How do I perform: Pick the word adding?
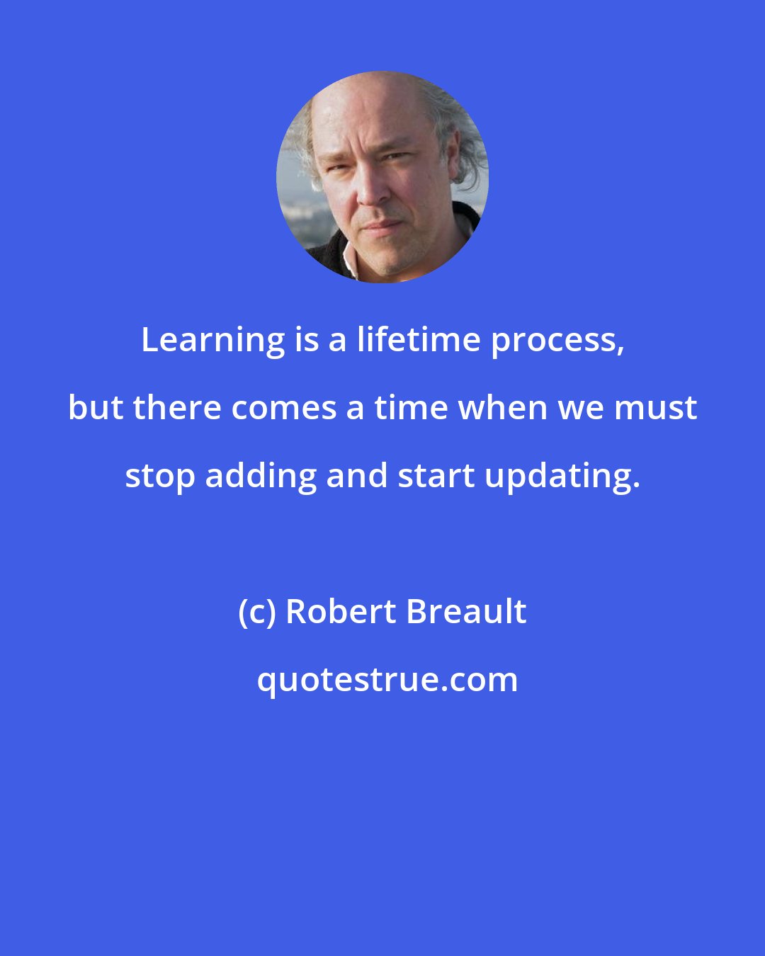[261, 477]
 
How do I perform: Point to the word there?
[177, 409]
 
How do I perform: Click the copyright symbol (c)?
[257, 612]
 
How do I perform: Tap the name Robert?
[340, 612]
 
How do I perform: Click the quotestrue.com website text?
[387, 680]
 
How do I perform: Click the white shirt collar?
[348, 261]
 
